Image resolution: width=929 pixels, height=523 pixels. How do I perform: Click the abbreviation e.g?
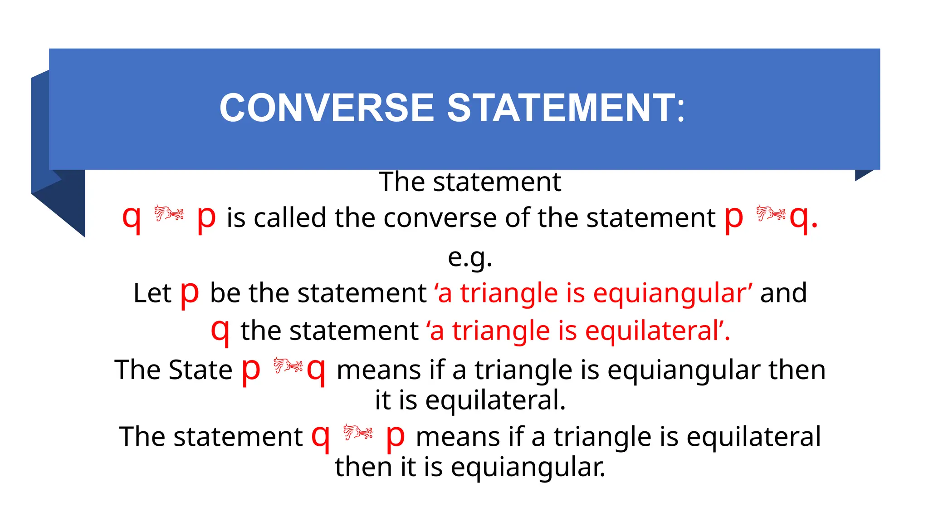coord(470,258)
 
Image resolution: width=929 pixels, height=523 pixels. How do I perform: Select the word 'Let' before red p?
coord(152,293)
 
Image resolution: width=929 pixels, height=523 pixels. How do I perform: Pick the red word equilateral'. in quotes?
coord(658,331)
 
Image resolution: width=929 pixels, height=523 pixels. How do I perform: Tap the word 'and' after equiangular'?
coord(783,293)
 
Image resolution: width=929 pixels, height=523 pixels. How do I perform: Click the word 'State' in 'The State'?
coord(200,370)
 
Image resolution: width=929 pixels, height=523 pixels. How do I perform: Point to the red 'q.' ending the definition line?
coord(803,218)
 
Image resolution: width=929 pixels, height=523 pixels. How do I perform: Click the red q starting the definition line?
coord(132,218)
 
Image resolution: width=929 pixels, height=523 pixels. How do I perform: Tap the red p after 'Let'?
coord(190,293)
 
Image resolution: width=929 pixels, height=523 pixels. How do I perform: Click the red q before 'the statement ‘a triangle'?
coord(220,331)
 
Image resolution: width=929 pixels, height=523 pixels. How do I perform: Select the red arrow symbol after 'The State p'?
coord(288,365)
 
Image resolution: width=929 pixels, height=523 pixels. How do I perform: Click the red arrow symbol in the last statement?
coord(358,432)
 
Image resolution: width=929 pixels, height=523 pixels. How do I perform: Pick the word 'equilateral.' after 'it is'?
coord(495,401)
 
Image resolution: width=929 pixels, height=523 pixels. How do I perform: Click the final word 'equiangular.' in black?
coord(528,467)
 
